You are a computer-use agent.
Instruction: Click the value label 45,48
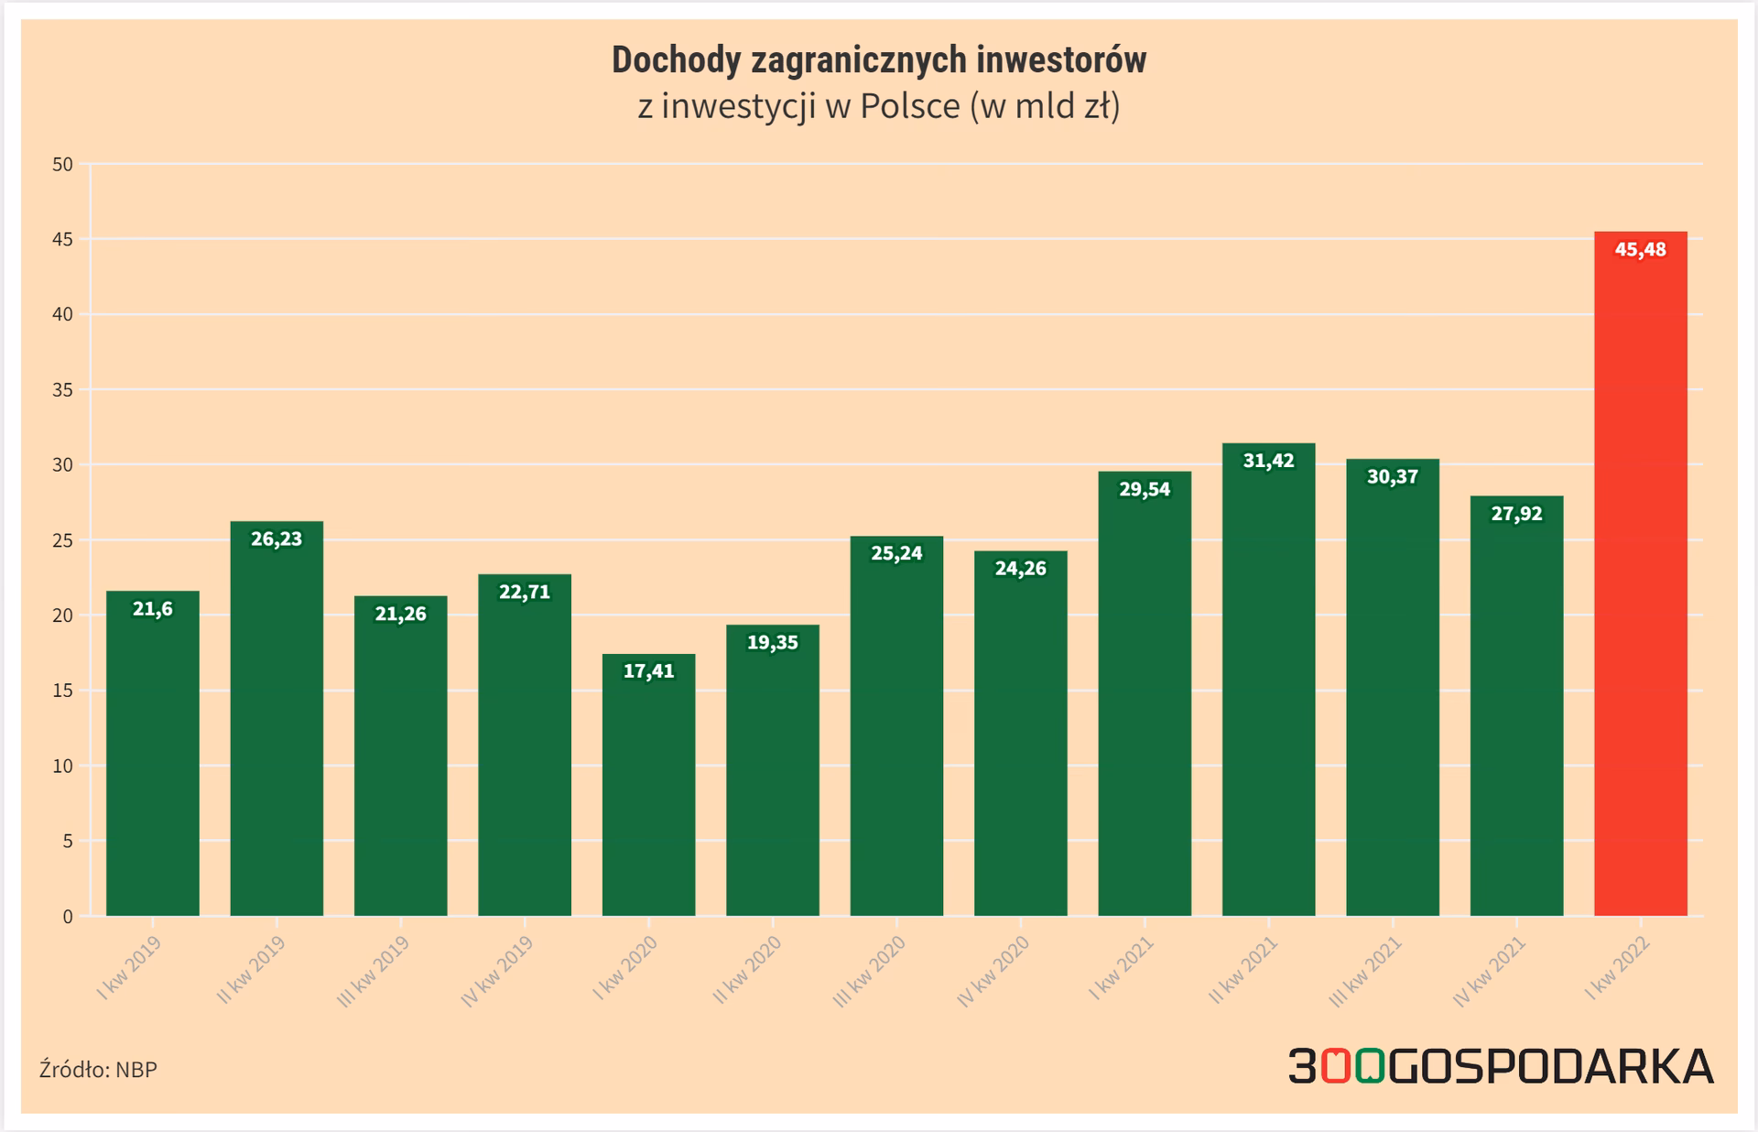point(1640,250)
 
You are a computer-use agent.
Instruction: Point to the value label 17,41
point(648,671)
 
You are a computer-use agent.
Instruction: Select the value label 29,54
point(1145,489)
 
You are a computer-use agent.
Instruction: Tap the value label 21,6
point(152,609)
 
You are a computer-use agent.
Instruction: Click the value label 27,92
point(1516,514)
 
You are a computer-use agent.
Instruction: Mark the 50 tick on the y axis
point(63,165)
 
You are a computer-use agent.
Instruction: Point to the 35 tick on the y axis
point(63,390)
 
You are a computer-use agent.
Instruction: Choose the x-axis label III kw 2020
point(869,972)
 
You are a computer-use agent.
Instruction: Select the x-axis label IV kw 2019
point(496,972)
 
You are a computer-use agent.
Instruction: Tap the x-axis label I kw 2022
point(1618,969)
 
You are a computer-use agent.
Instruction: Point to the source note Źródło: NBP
point(98,1069)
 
